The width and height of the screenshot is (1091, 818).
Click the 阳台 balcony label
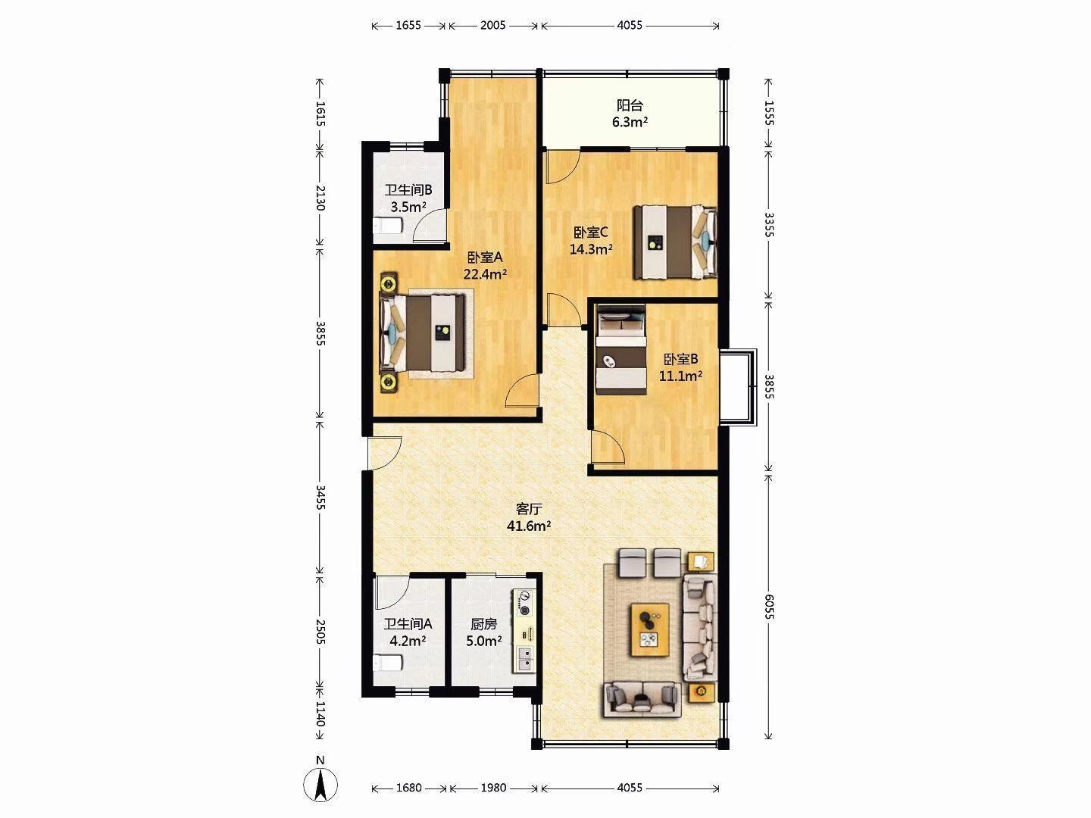(x=630, y=105)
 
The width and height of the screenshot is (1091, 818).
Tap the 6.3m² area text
(x=630, y=122)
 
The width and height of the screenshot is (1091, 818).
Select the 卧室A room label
(x=485, y=258)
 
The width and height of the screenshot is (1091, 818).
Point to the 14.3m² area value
(x=590, y=249)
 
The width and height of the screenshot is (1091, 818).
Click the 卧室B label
(x=680, y=359)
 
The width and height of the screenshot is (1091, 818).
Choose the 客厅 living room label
(x=528, y=509)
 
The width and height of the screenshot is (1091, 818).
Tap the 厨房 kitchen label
(x=483, y=624)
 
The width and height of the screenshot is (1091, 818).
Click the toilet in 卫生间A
(x=388, y=663)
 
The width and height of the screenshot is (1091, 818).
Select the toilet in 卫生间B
(x=388, y=226)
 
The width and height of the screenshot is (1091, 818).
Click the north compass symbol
(x=320, y=785)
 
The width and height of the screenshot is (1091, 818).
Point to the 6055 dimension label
(x=768, y=607)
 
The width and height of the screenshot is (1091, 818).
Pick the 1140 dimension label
(x=320, y=713)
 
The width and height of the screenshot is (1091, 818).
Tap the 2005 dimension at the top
(x=492, y=25)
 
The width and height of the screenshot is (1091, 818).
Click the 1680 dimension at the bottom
(x=408, y=788)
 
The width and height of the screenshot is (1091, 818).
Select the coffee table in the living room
(x=649, y=629)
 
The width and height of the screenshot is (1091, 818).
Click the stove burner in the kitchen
(x=524, y=602)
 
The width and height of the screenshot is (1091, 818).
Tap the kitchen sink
(x=524, y=659)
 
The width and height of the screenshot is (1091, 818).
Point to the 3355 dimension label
(x=768, y=225)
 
